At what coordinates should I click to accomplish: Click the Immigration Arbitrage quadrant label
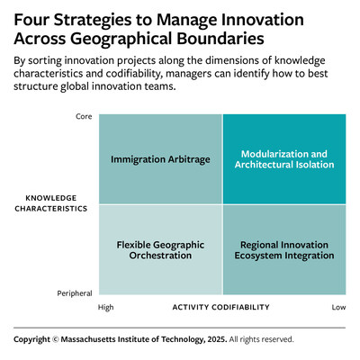[160, 159]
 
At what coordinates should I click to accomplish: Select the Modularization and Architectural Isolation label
[284, 159]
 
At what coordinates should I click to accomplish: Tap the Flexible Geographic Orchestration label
[160, 250]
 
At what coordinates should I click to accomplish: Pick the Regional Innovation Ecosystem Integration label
[284, 250]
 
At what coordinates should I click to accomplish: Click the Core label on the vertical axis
[84, 116]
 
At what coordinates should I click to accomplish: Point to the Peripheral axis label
[75, 293]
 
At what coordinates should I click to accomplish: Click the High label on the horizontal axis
[106, 307]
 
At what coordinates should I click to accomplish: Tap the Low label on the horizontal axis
[338, 307]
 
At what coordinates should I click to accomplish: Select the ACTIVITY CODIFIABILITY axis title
[221, 307]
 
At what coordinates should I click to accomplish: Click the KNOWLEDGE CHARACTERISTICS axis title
[51, 203]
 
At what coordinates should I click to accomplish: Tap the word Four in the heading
[31, 20]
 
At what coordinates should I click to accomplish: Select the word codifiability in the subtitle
[130, 74]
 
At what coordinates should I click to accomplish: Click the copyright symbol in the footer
[56, 339]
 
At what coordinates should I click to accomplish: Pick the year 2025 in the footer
[217, 339]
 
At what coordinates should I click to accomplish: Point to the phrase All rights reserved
[261, 339]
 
